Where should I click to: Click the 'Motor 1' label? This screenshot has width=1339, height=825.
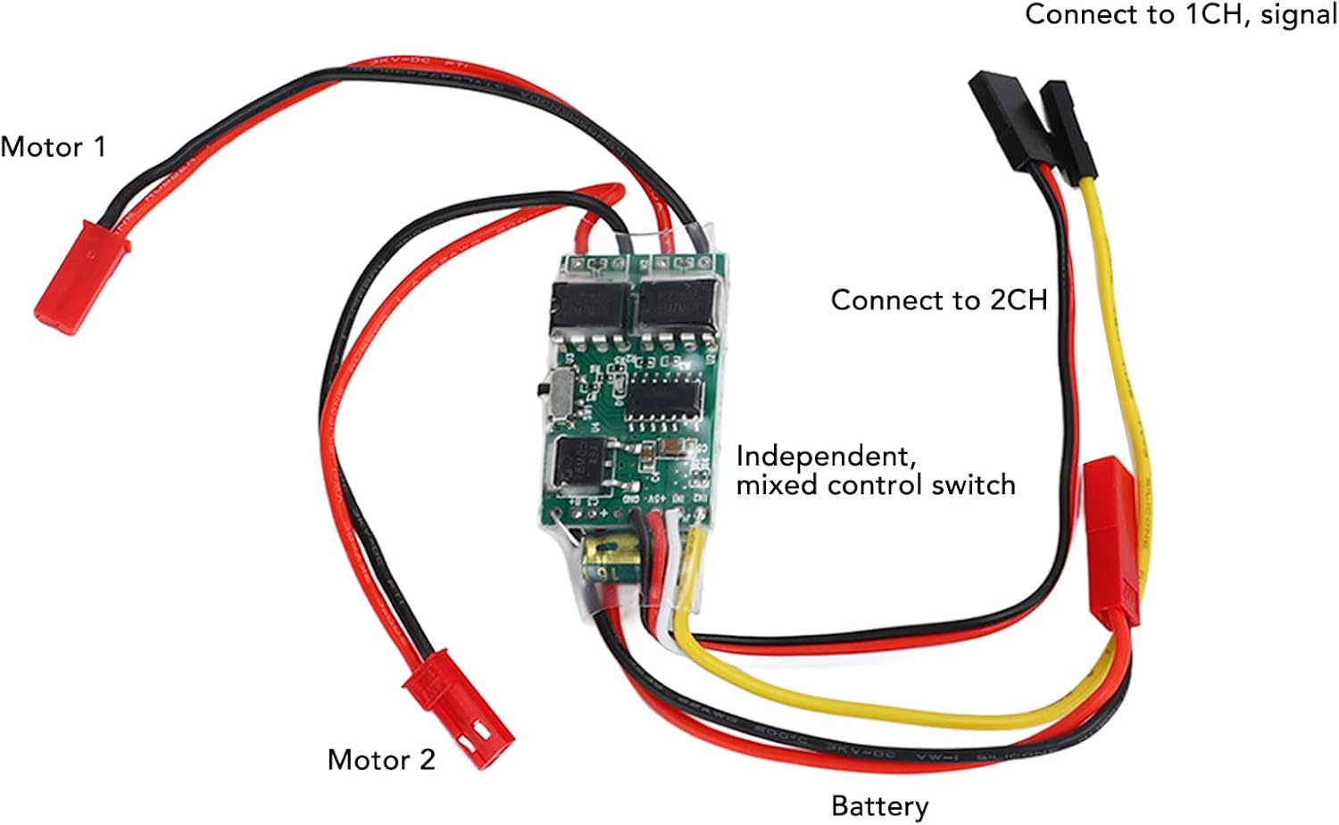53,146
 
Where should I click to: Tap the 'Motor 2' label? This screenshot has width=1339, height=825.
381,760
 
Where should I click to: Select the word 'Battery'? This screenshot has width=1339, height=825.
879,806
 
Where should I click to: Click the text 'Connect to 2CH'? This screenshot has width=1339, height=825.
938,300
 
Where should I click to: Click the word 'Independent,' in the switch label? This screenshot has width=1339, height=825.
826,456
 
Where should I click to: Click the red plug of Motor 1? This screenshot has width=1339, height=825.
80,276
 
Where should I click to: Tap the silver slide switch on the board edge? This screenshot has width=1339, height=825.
560,392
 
